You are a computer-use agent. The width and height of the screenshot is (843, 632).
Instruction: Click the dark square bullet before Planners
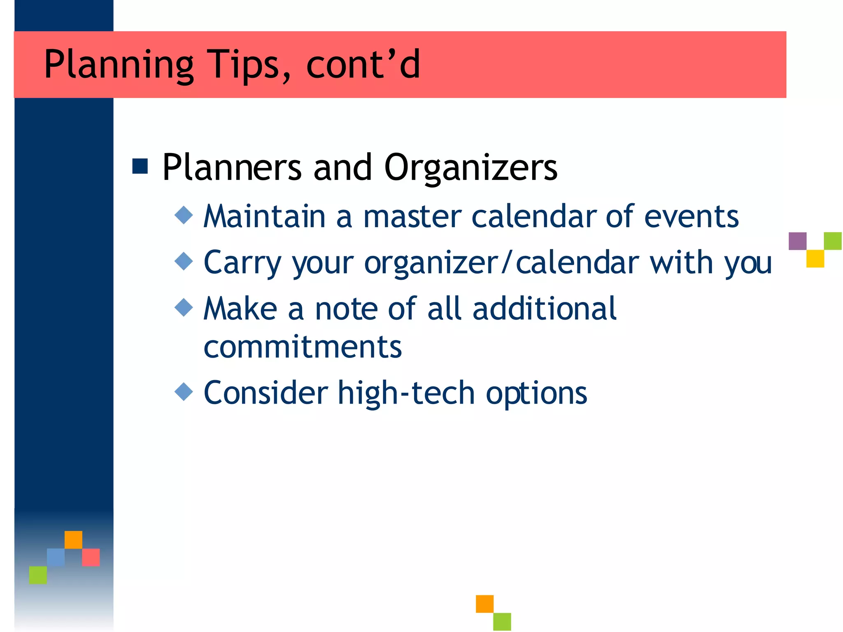140,166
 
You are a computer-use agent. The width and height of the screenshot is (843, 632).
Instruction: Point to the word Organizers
470,168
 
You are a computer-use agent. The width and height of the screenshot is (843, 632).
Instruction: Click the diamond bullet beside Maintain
184,215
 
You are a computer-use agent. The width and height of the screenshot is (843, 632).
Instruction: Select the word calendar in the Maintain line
534,216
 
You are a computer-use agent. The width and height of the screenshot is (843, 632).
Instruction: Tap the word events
691,216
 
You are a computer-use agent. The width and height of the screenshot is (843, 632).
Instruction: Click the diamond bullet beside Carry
184,261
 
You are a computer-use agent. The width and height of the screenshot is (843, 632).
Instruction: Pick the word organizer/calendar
502,263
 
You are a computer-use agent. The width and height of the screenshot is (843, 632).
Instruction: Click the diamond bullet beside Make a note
184,307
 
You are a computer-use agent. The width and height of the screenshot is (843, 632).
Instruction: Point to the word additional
544,309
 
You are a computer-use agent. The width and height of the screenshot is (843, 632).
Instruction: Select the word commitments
303,347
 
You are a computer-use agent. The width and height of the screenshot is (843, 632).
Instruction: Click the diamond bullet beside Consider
184,392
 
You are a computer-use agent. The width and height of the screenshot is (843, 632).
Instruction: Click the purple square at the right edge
797,241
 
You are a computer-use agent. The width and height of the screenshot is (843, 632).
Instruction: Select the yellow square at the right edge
815,259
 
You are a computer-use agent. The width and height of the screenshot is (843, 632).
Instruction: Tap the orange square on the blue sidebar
73,540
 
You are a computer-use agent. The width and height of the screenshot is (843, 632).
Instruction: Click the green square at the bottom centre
502,622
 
